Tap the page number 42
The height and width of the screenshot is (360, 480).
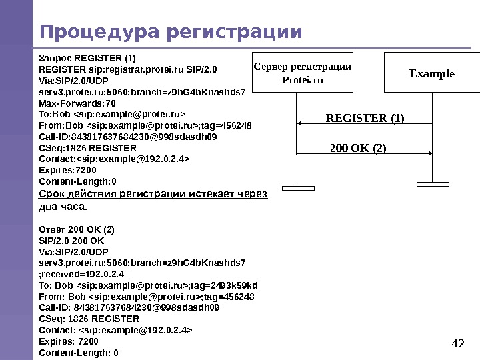[457, 343]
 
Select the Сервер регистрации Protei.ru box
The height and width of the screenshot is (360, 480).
[302, 72]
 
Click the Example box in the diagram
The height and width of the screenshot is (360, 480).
[431, 72]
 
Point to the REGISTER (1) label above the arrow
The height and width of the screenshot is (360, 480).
[365, 119]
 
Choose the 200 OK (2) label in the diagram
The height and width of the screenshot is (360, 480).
[359, 147]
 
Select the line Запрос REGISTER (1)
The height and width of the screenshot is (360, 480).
[87, 58]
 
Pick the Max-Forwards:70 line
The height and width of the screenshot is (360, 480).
[77, 104]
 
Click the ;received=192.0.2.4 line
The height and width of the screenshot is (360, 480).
[82, 274]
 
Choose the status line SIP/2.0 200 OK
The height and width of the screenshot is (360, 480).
[73, 240]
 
